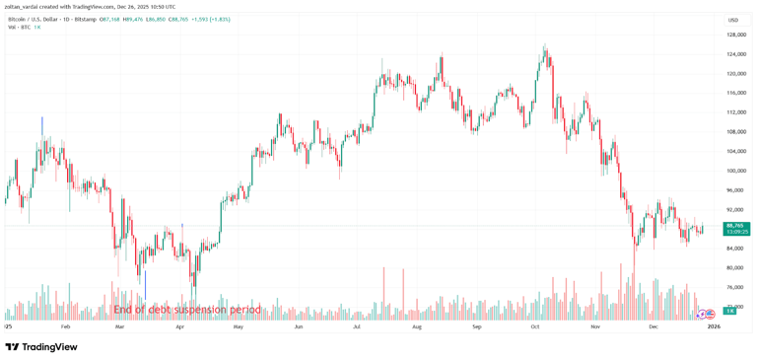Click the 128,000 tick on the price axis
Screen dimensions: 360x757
(x=735, y=35)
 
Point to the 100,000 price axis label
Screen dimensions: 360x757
(x=735, y=171)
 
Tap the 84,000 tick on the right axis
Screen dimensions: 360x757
(x=735, y=249)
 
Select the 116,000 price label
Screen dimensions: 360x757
(x=735, y=93)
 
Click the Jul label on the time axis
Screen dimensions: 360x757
(x=356, y=325)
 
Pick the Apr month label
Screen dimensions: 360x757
(x=179, y=325)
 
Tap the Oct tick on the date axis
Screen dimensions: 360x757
(x=535, y=325)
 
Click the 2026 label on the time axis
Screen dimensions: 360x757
(x=714, y=325)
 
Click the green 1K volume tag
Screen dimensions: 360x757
(x=730, y=311)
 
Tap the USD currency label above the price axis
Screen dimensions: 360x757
(x=732, y=20)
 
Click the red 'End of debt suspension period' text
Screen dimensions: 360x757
(x=187, y=310)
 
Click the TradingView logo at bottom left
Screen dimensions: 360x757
(x=41, y=347)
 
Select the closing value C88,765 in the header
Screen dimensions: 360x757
(x=177, y=19)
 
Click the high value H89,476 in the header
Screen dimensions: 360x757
(x=133, y=19)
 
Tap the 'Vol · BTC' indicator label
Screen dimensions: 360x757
(x=19, y=27)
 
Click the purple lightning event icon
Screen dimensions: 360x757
(x=702, y=314)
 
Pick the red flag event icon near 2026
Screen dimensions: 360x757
(x=711, y=314)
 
